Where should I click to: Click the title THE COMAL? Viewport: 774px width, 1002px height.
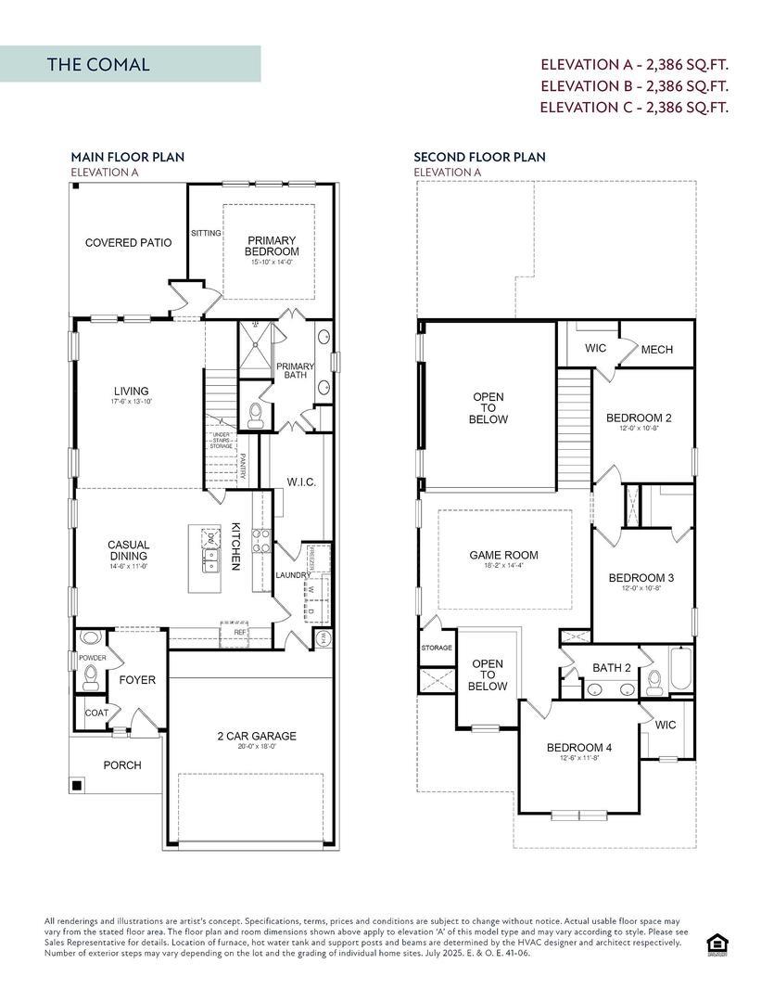click(x=98, y=64)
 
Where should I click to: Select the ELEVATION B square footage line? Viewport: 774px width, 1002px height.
click(x=634, y=85)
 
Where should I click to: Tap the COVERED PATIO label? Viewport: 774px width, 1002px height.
click(x=128, y=243)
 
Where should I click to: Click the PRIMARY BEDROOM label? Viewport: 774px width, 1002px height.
click(x=272, y=246)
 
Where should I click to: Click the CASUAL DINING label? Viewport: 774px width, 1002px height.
click(x=128, y=550)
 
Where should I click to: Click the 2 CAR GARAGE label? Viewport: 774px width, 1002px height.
click(x=257, y=736)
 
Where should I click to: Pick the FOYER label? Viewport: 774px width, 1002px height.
click(x=137, y=680)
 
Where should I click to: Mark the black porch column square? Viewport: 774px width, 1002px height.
click(x=77, y=786)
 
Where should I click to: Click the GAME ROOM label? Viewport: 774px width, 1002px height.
click(x=503, y=556)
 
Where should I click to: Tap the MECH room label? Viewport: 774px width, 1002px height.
click(x=656, y=350)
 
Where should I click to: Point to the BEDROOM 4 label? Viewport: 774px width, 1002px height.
click(x=578, y=748)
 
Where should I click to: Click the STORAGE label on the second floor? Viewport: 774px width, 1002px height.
click(x=437, y=648)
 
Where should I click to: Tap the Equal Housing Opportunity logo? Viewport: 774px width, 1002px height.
click(x=716, y=944)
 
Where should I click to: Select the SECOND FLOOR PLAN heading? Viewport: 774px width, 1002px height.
click(x=479, y=158)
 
